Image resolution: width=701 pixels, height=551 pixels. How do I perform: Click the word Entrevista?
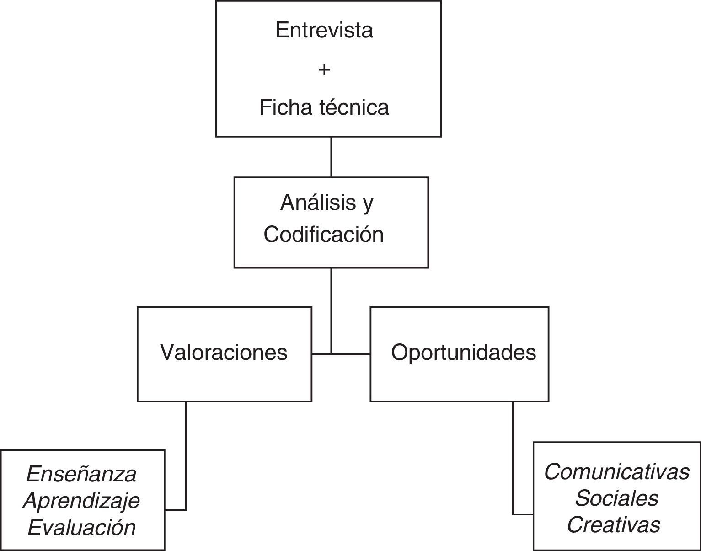pos(324,30)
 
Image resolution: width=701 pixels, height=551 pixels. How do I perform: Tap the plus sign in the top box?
pos(324,70)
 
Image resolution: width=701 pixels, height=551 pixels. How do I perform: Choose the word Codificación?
pos(324,235)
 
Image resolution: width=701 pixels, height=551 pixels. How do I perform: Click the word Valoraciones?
pos(224,353)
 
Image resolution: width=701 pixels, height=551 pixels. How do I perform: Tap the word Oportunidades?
pos(463,353)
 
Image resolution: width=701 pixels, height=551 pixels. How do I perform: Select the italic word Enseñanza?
pos(81,474)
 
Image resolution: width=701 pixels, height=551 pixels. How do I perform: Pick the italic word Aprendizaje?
pos(81,501)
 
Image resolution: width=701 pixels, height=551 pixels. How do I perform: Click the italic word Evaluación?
pos(81,527)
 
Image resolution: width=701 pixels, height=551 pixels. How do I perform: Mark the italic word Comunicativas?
pos(616,472)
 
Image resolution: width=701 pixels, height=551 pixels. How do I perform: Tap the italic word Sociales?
pos(616,498)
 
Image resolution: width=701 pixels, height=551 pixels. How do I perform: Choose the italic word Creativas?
pos(614,525)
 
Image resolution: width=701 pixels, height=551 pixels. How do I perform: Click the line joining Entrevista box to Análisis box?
pos(331,157)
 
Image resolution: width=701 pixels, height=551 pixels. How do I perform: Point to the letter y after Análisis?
pos(368,204)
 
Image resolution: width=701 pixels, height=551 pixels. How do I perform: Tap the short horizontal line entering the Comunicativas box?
pos(523,514)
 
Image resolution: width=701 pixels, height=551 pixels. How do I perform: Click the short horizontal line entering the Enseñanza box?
pos(175,509)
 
